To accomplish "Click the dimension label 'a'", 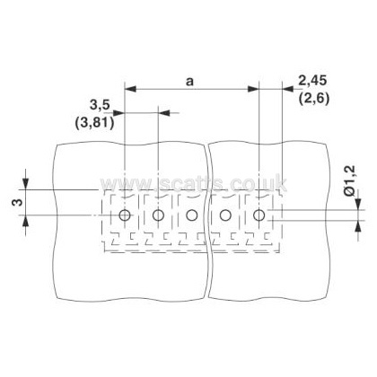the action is pyautogui.click(x=189, y=82).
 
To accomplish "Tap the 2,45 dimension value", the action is pyautogui.click(x=312, y=81).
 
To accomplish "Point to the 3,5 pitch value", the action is pyautogui.click(x=100, y=105).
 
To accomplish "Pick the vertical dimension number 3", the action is pyautogui.click(x=18, y=203).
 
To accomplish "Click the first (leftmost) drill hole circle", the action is pyautogui.click(x=125, y=215).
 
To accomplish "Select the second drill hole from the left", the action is pyautogui.click(x=158, y=215).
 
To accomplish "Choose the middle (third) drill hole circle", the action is pyautogui.click(x=191, y=215).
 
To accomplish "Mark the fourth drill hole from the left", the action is pyautogui.click(x=225, y=215).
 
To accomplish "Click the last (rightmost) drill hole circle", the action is pyautogui.click(x=259, y=215).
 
